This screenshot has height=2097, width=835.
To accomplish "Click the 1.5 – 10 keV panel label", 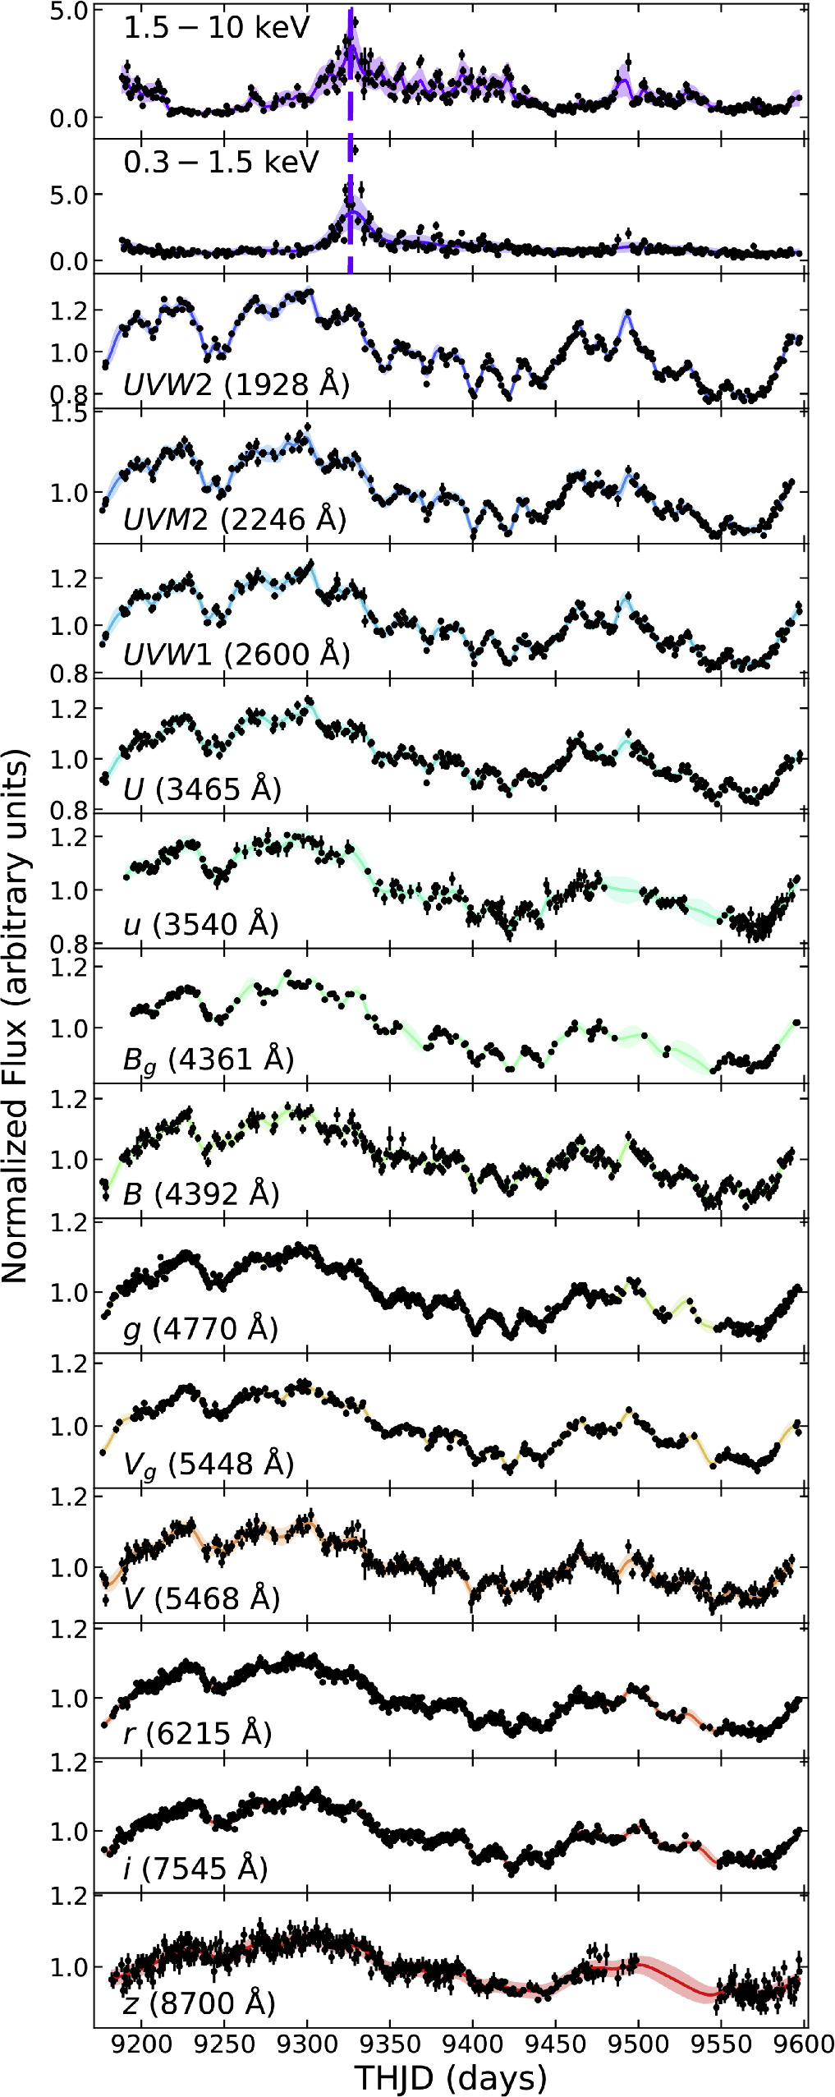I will pos(216,29).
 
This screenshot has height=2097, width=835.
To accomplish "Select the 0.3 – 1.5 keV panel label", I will pos(220,163).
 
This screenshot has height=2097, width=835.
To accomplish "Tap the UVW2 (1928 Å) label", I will pos(236,384).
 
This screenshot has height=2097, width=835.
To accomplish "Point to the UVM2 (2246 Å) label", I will pos(235,519).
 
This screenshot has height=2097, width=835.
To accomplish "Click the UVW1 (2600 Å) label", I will pos(236,655).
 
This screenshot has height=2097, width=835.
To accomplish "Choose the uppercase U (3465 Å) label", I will pos(202,789).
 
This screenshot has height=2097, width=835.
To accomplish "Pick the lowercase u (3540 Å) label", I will pos(201,924).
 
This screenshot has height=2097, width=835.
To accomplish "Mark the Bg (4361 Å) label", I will pos(209,1060).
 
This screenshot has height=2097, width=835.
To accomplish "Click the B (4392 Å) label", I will pos(201,1193).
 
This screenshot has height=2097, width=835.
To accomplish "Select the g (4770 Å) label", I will pos(201,1328).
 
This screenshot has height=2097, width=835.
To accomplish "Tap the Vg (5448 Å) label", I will pos(209,1465).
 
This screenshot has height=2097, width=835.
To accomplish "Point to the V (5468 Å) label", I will pos(201,1598).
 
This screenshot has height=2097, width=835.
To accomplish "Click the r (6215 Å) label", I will pos(197,1733).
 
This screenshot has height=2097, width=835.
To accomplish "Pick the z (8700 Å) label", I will pos(199,2003).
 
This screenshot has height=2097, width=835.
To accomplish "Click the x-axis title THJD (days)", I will pos(451,2077).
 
